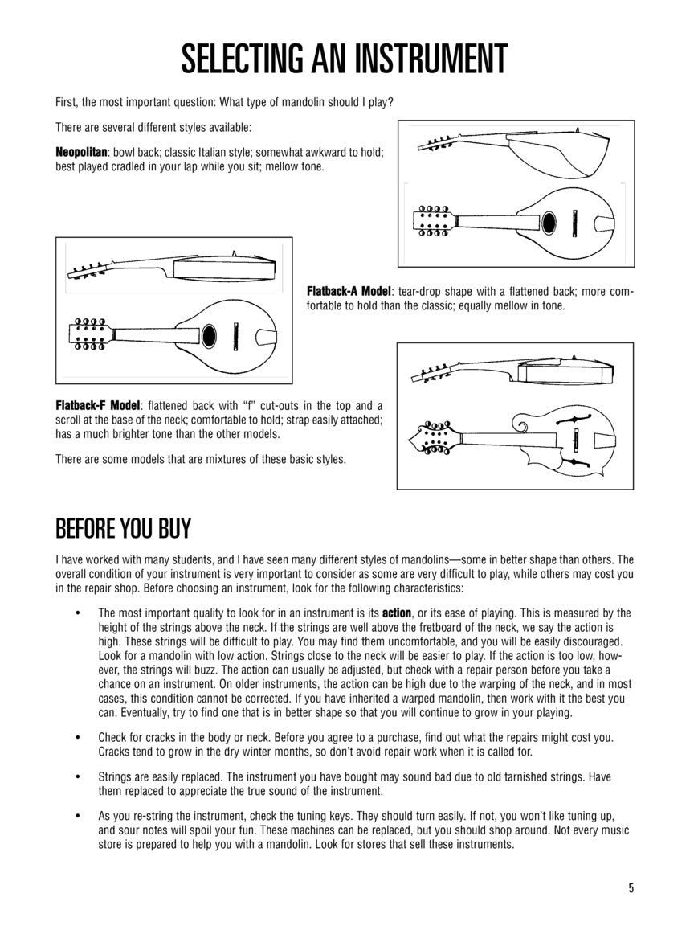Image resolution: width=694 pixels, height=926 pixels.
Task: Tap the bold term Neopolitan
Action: (81, 152)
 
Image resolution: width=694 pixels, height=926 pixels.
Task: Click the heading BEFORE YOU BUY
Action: (123, 530)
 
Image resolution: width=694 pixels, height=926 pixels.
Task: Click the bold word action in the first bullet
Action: (396, 613)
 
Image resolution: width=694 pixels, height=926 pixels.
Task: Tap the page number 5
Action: (631, 888)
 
